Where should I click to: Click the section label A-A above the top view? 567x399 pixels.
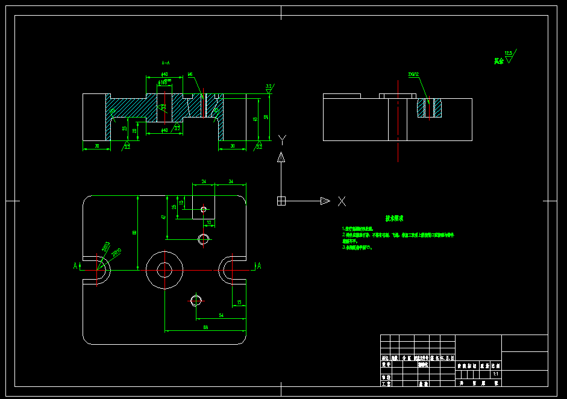[x=166, y=62]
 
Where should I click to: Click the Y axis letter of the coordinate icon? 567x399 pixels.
[x=282, y=140]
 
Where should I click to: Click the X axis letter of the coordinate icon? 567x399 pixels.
[x=342, y=201]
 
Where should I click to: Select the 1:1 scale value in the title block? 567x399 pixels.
[x=495, y=374]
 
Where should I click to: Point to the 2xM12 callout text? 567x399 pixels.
[x=413, y=75]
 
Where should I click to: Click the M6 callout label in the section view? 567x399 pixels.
[x=190, y=75]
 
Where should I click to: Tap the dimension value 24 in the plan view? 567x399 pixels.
[x=204, y=181]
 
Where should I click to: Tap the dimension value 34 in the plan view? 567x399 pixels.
[x=231, y=181]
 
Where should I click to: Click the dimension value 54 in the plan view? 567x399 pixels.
[x=221, y=315]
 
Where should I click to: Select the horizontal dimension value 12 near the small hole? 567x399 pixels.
[x=209, y=222]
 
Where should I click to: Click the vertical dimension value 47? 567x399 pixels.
[x=163, y=217]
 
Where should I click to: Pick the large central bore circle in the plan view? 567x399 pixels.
[x=164, y=270]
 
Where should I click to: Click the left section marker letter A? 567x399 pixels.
[x=75, y=266]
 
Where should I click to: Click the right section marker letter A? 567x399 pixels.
[x=258, y=266]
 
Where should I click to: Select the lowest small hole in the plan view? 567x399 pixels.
[x=195, y=300]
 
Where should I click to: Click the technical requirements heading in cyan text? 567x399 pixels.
[x=395, y=218]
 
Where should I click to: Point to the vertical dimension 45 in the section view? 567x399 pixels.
[x=255, y=119]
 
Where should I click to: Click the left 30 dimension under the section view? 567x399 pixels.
[x=96, y=145]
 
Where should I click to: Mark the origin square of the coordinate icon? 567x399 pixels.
[x=281, y=201]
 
